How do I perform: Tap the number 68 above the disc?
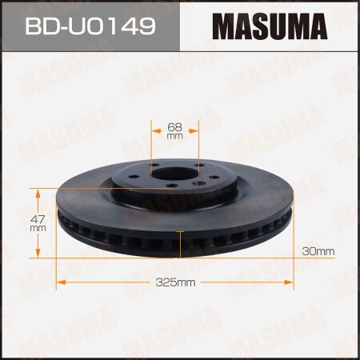pos(175,126)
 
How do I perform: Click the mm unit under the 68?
pos(175,136)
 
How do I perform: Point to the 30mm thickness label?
pos(318,252)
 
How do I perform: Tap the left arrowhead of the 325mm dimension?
pos(59,282)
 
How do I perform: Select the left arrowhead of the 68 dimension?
pos(155,130)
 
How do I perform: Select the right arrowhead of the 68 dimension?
pos(195,130)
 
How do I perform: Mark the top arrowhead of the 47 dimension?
pos(38,190)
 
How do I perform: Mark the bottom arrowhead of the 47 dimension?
pos(38,256)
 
